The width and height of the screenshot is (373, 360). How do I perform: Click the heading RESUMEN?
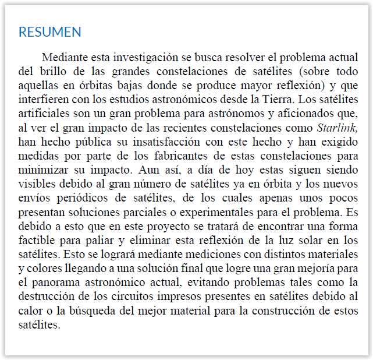pos(50,32)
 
